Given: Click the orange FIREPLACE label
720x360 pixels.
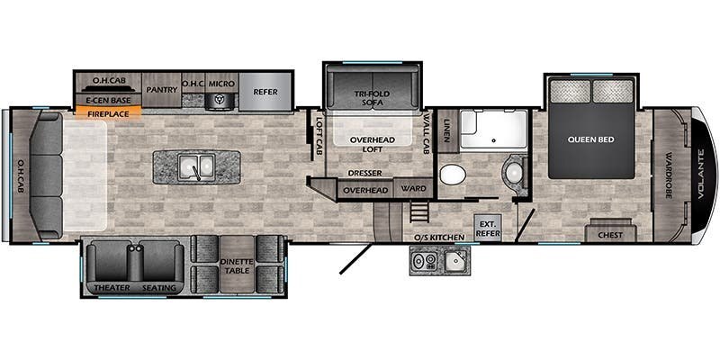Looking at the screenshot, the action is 107,113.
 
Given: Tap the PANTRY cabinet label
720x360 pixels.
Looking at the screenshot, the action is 162,90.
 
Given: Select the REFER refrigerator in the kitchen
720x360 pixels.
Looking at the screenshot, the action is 265,92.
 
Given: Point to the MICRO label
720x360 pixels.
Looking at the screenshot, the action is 221,84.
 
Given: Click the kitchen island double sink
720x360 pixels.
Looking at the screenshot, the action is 196,166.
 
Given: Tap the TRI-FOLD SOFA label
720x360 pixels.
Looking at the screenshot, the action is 372,98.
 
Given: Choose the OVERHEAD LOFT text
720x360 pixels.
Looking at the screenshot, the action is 373,144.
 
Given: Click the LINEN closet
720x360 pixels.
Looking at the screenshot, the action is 447,130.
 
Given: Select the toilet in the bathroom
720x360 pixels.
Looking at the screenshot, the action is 453,175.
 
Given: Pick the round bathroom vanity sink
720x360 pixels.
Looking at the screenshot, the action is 513,172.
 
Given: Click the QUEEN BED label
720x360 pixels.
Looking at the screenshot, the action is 591,139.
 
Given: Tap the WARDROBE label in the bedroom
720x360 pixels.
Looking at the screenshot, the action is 668,175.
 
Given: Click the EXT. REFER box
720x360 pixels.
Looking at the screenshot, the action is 487,229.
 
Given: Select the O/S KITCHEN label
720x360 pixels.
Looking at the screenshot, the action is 439,238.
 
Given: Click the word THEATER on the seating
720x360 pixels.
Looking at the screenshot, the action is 112,288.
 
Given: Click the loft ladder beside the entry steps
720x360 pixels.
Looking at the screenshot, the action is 417,212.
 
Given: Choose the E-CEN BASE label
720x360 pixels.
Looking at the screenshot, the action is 108,100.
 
